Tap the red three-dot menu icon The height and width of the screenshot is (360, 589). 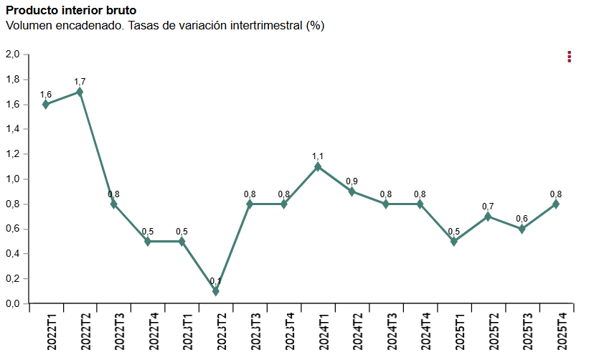[x=569, y=57]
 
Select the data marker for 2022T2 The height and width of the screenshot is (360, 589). [x=80, y=92]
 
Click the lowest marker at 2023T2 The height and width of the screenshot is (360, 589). [x=215, y=291]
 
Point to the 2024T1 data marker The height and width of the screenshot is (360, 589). [x=318, y=167]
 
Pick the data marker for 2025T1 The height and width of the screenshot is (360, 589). [x=454, y=241]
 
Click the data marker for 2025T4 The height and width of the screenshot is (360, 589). [x=556, y=204]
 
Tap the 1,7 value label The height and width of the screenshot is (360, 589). [x=80, y=82]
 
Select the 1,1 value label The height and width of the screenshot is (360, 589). [x=318, y=156]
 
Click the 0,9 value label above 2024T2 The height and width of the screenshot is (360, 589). [x=352, y=181]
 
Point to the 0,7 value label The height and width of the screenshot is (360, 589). [x=488, y=207]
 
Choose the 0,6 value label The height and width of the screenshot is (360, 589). [x=522, y=219]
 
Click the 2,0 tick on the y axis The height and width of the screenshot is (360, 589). [x=12, y=55]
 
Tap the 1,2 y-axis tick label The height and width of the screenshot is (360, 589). [x=12, y=154]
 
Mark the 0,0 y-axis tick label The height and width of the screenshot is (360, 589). [x=12, y=304]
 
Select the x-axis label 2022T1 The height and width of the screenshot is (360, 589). [x=52, y=332]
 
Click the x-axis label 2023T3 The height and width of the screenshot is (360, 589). [x=256, y=332]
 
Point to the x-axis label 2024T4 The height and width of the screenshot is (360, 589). [x=426, y=332]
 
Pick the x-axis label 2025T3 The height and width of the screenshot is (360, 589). [x=528, y=332]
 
